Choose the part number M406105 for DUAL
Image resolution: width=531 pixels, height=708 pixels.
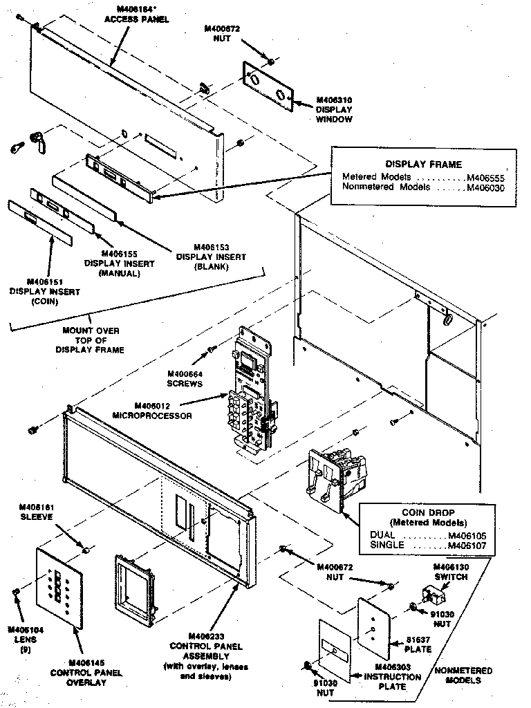point(467,535)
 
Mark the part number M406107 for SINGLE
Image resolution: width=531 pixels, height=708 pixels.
point(467,545)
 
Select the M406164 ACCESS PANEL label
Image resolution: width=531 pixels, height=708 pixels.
point(127,13)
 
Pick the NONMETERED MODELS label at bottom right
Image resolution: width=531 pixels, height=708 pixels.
point(463,675)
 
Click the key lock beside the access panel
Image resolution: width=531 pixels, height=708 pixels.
point(37,142)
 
